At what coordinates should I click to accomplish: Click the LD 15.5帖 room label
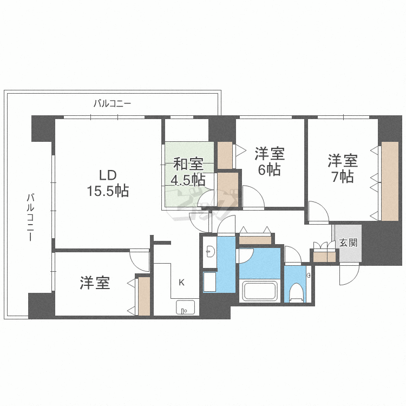(x=107, y=182)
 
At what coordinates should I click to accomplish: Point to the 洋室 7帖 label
(x=342, y=168)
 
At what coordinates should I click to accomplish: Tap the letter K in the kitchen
(x=182, y=282)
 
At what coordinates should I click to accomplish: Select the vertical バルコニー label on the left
(x=31, y=217)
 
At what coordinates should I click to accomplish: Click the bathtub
(x=260, y=291)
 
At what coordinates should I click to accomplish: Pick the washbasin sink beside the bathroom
(x=209, y=252)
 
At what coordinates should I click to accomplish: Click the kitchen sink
(x=187, y=307)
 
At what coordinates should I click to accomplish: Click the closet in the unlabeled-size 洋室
(x=143, y=296)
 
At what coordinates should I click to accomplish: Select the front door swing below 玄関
(x=349, y=274)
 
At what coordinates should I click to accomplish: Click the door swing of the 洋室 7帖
(x=318, y=212)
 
